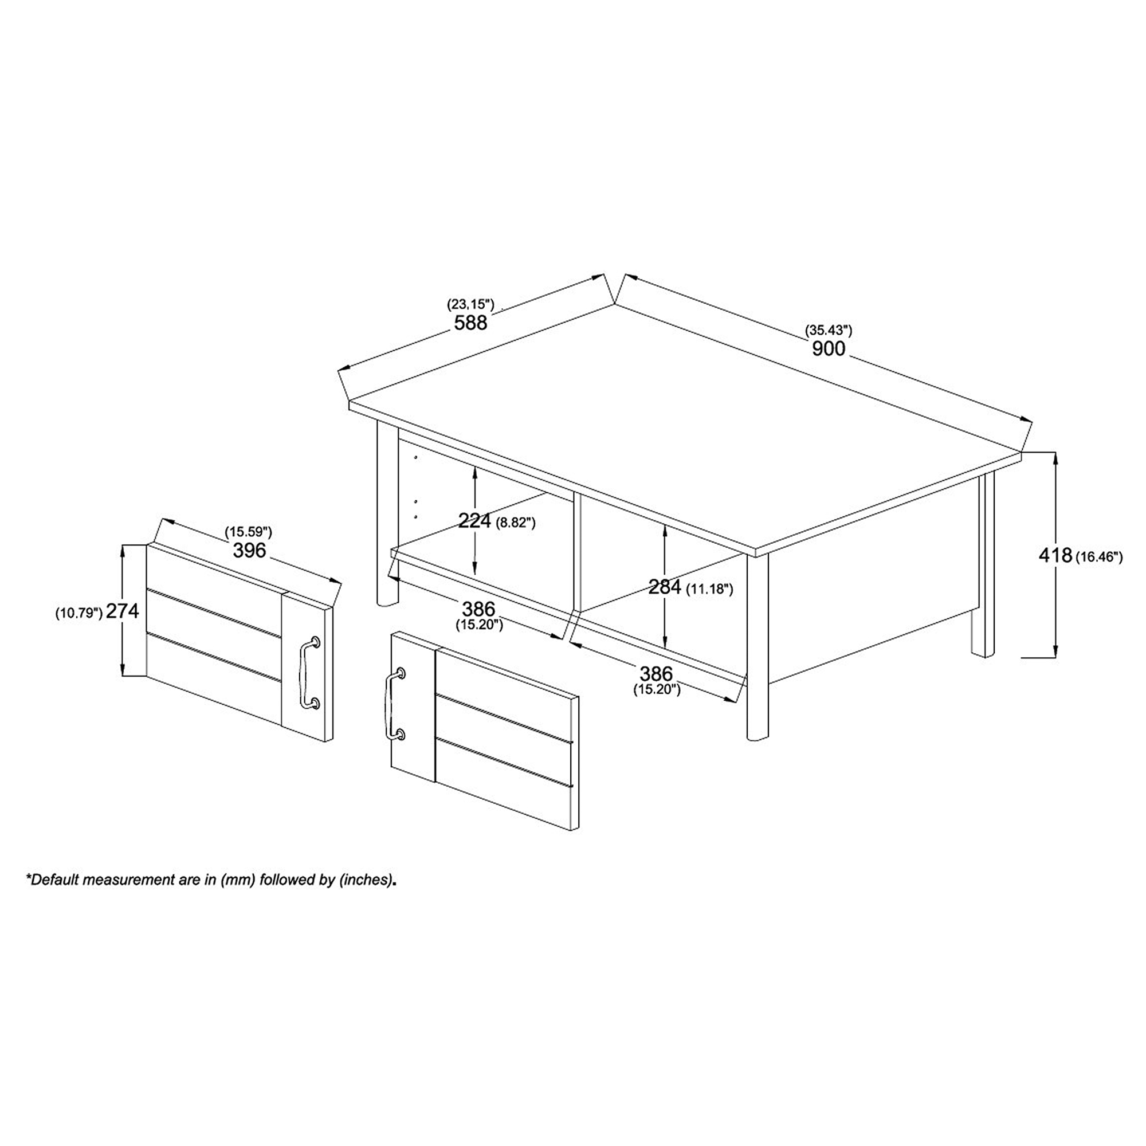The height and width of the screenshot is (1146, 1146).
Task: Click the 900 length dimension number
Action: (x=828, y=348)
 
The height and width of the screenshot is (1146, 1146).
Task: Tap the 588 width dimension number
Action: (x=470, y=323)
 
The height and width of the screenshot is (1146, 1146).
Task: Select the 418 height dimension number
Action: (x=1055, y=555)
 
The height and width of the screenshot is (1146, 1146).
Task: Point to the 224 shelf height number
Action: (x=474, y=521)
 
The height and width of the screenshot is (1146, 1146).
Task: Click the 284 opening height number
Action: (x=665, y=587)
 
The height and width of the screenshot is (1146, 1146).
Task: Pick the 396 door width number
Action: (x=249, y=551)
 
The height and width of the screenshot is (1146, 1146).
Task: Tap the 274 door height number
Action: (x=123, y=611)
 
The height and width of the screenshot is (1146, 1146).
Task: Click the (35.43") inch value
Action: (x=828, y=331)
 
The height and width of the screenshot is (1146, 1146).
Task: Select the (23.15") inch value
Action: (x=470, y=305)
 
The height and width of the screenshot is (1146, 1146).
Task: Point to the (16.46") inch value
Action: (x=1098, y=557)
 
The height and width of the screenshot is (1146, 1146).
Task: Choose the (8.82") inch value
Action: (x=515, y=523)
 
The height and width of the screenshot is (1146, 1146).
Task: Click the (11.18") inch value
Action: (x=709, y=589)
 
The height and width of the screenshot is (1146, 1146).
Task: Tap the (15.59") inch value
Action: (x=249, y=532)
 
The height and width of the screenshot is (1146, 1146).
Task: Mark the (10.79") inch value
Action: (x=80, y=613)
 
